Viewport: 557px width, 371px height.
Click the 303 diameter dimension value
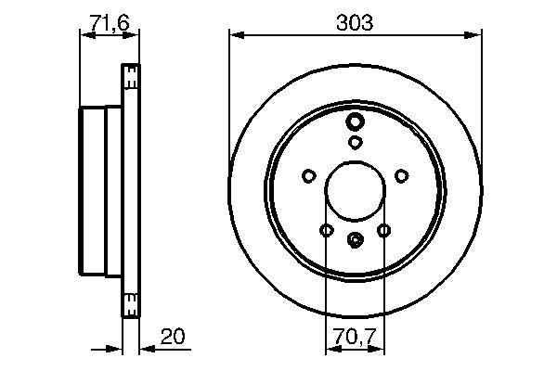pos(356,23)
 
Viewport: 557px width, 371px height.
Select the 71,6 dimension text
pos(109,23)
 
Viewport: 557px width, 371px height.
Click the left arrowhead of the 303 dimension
pos(235,35)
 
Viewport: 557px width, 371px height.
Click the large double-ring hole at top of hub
pos(356,122)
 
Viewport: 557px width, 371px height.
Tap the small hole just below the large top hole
pos(356,142)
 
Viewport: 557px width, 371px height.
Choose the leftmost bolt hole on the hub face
pos(308,174)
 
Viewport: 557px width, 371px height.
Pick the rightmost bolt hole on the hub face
pos(402,174)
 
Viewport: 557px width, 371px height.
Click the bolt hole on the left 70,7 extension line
pos(326,230)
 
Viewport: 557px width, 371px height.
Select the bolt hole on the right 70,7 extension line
pos(384,230)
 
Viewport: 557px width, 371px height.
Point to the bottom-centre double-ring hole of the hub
pos(356,240)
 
